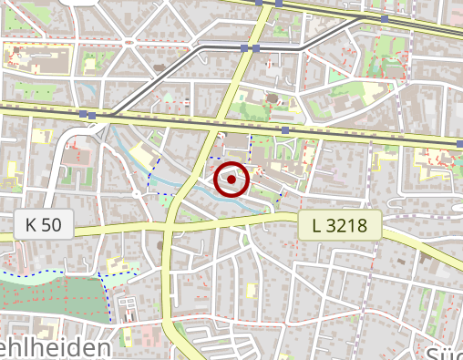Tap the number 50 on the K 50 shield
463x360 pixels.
pyautogui.click(x=49, y=224)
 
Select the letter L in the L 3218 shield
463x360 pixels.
pyautogui.click(x=317, y=224)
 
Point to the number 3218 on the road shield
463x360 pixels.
pyautogui.click(x=347, y=224)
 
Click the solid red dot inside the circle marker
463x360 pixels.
pyautogui.click(x=232, y=180)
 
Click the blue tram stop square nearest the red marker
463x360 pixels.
pyautogui.click(x=285, y=130)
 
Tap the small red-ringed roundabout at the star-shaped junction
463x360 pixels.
pyautogui.click(x=129, y=42)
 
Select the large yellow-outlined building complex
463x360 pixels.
pyautogui.click(x=35, y=57)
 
